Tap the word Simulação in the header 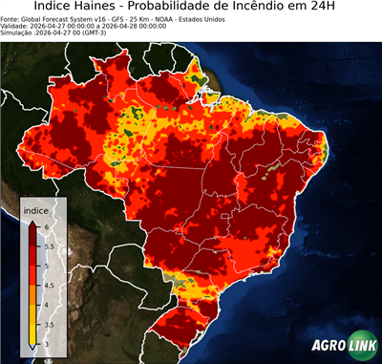(17, 32)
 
